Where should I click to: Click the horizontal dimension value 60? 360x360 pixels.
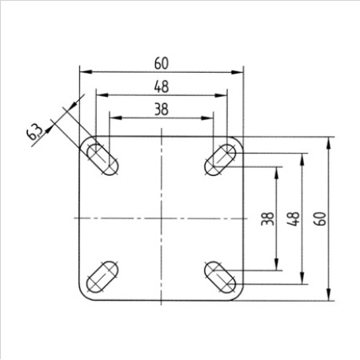162,63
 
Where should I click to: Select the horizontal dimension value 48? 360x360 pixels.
162,86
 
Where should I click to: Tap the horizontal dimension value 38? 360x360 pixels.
162,110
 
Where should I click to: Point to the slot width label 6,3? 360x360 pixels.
35,132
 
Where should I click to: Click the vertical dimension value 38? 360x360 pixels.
268,218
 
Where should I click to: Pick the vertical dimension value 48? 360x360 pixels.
294,218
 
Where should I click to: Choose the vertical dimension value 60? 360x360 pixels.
320,218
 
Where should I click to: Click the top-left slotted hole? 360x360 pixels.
102,159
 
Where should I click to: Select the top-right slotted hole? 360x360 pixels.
220,160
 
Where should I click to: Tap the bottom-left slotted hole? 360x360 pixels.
102,278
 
